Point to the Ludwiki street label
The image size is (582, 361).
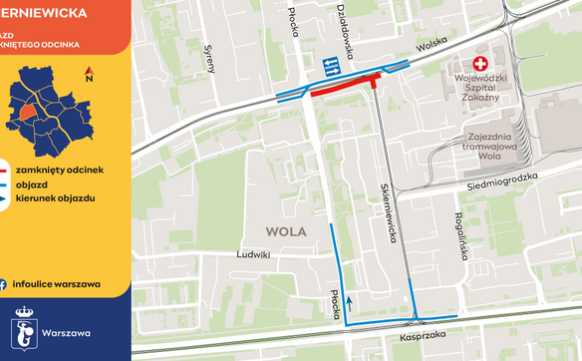pos(253,254)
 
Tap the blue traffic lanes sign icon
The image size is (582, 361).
pos(330,67)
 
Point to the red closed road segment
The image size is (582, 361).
pos(345,88)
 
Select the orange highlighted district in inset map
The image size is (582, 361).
pos(31,110)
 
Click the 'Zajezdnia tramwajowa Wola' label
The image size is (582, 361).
pos(495,145)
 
